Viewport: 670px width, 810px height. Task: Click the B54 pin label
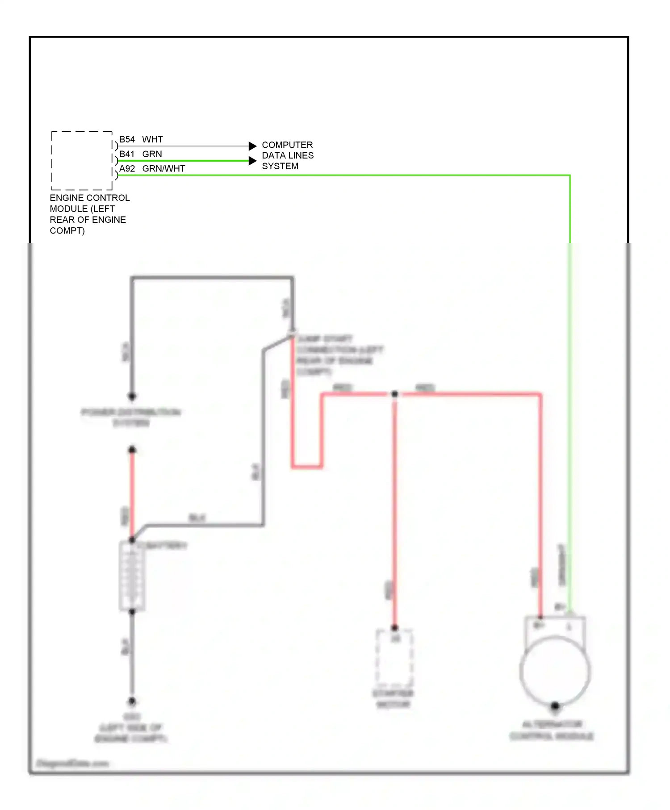coord(127,139)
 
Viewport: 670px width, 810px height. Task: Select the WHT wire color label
coord(152,139)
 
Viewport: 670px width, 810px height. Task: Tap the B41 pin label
coord(127,154)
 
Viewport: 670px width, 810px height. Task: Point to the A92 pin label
coord(127,169)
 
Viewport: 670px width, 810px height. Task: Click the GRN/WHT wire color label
coord(163,169)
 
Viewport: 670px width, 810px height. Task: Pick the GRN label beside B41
coord(152,154)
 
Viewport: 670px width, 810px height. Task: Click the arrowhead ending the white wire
coord(252,146)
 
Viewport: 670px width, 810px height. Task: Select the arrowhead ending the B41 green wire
coord(252,161)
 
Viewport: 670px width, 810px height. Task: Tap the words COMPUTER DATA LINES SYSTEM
coord(288,155)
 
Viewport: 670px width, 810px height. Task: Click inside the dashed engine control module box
coord(82,161)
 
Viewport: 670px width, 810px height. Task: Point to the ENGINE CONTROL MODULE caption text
coord(89,214)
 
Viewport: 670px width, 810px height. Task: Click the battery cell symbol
coord(132,576)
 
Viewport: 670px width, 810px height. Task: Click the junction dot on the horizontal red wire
coord(394,394)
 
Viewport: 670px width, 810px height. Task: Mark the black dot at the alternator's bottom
coord(555,706)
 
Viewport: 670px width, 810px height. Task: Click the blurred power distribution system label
coord(131,417)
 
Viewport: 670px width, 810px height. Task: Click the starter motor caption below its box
coord(393,699)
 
